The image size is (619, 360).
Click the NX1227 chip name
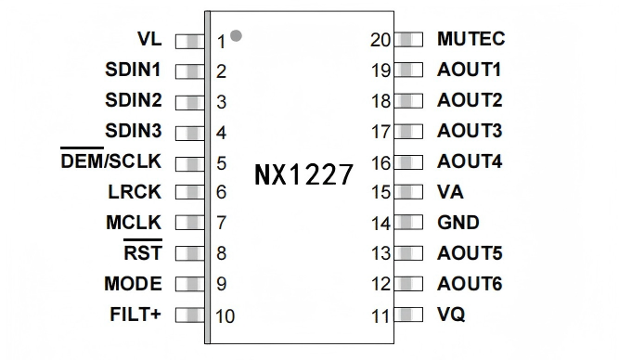[x=303, y=174]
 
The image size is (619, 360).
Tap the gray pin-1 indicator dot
[x=237, y=35]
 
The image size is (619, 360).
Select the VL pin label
[x=148, y=40]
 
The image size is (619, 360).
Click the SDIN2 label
[x=133, y=100]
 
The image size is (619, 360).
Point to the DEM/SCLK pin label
[x=110, y=161]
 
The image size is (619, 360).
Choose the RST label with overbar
[x=142, y=253]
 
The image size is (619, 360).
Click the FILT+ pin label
[x=135, y=314]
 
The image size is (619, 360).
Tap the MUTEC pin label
[x=471, y=40]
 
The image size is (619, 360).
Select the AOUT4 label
[x=470, y=161]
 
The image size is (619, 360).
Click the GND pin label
[x=458, y=223]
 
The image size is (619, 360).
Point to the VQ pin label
[x=451, y=315]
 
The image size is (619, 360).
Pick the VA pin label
[x=450, y=192]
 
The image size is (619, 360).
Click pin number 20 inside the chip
[x=380, y=40]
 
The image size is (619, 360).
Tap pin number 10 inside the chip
[x=225, y=315]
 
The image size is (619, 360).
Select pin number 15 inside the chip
[x=380, y=193]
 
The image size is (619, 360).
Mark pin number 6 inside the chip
[x=222, y=193]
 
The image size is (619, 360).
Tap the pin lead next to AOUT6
[x=408, y=284]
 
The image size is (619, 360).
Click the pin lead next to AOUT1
[x=408, y=71]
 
